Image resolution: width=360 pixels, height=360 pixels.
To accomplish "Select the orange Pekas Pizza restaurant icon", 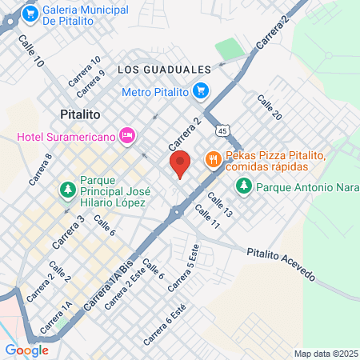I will [x=212, y=159].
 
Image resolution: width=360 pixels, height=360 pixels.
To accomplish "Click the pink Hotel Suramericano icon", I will [x=126, y=136].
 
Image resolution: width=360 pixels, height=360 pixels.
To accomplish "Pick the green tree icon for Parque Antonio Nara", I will [x=243, y=186].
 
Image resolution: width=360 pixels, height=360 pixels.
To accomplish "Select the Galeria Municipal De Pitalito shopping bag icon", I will [x=30, y=14].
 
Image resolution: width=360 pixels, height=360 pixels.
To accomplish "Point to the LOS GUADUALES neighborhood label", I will [x=164, y=70].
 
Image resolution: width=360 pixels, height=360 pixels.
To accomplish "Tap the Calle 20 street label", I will [x=270, y=107].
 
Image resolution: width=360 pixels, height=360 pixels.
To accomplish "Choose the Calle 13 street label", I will [x=219, y=204].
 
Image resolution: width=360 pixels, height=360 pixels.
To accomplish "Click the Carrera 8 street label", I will [x=41, y=169].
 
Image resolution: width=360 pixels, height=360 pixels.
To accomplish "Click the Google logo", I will [x=26, y=350].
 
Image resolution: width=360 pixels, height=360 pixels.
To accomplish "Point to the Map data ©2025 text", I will [x=325, y=354].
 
